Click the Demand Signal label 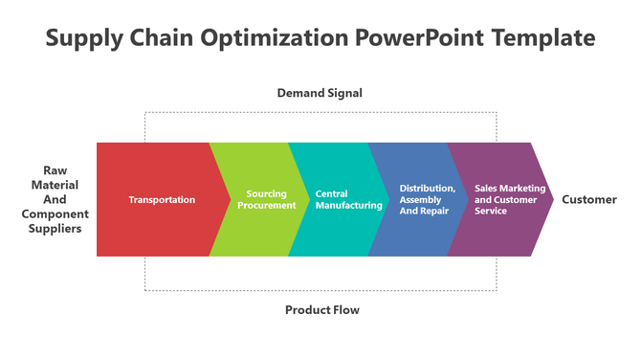[x=320, y=93]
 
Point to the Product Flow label [x=322, y=310]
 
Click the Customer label [x=589, y=199]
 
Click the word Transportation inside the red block [x=162, y=199]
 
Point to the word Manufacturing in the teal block [x=349, y=205]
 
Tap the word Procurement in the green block [x=266, y=205]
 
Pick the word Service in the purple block [x=491, y=211]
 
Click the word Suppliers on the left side [x=55, y=229]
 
